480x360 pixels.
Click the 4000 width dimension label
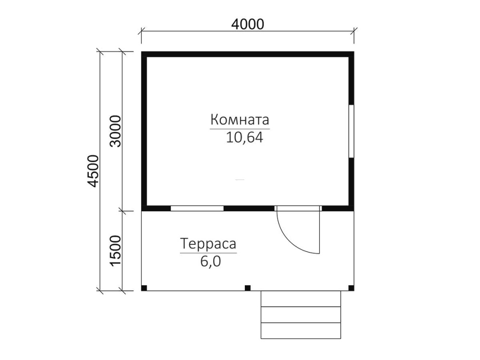pos(247,24)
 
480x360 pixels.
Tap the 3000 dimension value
pos(116,131)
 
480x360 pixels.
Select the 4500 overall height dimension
pos(93,171)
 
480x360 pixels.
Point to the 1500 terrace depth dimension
pos(116,251)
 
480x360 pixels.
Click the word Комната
pos(240,120)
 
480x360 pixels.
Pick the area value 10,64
pos(245,137)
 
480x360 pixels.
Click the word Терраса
pos(208,244)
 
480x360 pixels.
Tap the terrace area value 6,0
pos(211,262)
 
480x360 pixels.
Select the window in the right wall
pos(351,132)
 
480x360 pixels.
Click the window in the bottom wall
pos(197,208)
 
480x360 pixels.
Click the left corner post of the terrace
pos(144,288)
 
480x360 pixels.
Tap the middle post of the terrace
pos(248,288)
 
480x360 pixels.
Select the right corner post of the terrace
pos(351,288)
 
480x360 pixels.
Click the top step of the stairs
pos(300,299)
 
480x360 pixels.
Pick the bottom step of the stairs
pos(300,331)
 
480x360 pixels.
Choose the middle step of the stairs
pos(300,315)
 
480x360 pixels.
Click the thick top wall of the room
pos(248,55)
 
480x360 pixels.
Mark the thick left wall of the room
pos(144,132)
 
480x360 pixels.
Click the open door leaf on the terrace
pos(319,232)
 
